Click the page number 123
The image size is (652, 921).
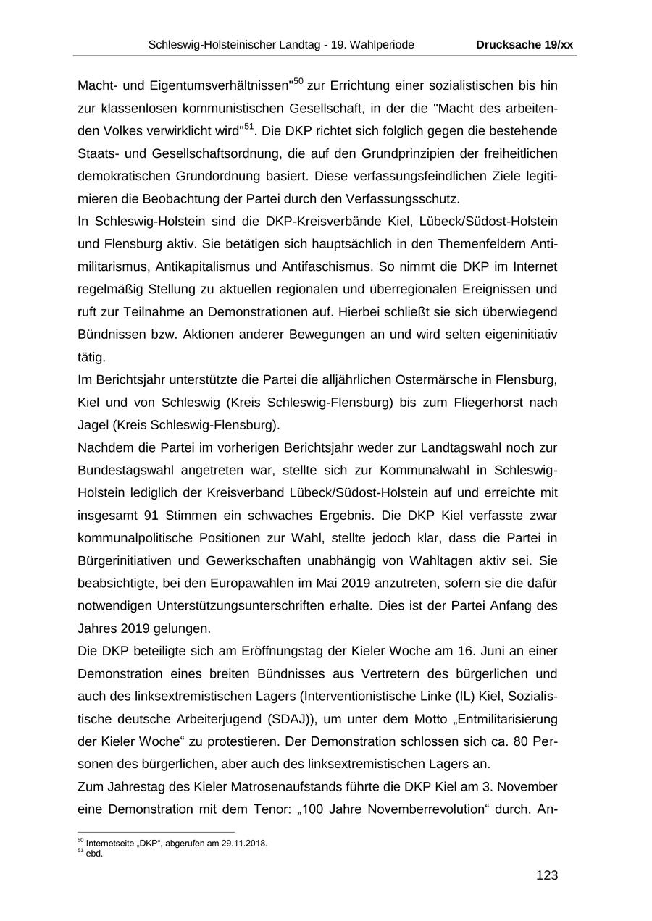(546, 875)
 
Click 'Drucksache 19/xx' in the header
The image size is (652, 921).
(524, 45)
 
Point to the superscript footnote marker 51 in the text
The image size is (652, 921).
(248, 127)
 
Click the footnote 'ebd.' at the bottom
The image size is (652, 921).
(94, 854)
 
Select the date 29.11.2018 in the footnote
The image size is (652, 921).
(245, 844)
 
